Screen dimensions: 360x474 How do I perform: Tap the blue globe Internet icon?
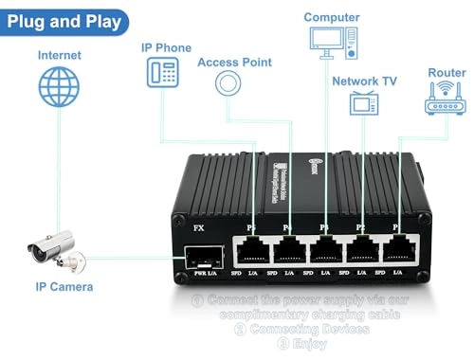(59, 88)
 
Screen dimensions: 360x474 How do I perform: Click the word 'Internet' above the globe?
(59, 55)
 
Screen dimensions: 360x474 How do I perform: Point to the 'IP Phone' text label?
(166, 47)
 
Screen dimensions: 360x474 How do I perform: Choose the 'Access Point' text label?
(234, 63)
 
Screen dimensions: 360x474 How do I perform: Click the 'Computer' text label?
(332, 16)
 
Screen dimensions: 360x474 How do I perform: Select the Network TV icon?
(364, 102)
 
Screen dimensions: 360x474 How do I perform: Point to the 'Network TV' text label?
(364, 81)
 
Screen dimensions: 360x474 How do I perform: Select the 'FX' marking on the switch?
(199, 227)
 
